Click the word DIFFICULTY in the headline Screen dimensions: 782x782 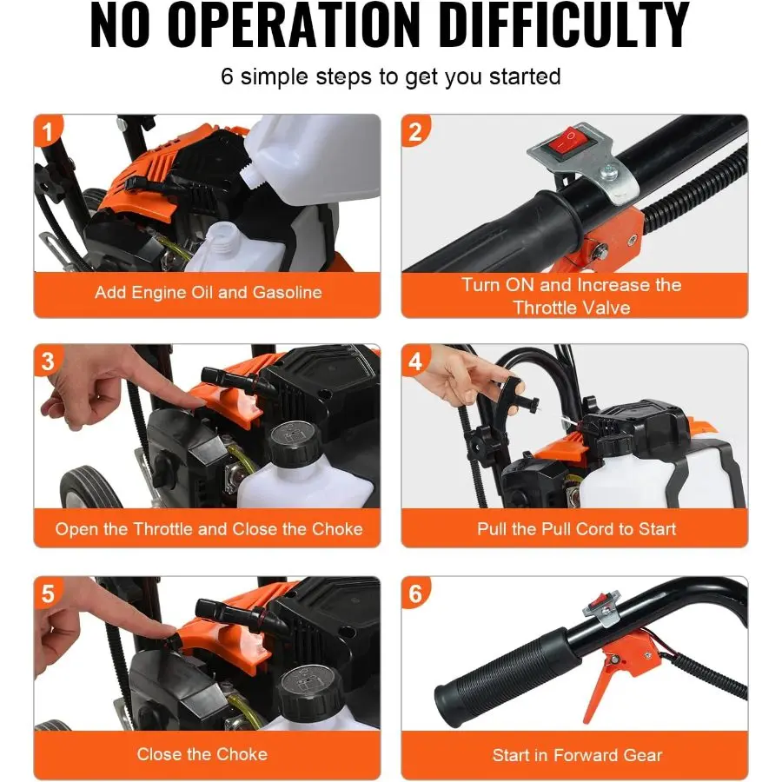coord(566,24)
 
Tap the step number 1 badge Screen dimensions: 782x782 coord(48,132)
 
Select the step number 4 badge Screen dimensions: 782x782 coord(415,361)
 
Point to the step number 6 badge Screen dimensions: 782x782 coord(415,593)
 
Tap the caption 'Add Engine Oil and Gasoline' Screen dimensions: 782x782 coord(209,292)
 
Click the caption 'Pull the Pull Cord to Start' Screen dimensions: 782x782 coord(577,528)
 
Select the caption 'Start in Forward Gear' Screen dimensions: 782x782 coord(577,755)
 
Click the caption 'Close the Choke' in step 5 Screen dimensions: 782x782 coord(202,754)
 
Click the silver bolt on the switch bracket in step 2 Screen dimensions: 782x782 coord(609,173)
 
